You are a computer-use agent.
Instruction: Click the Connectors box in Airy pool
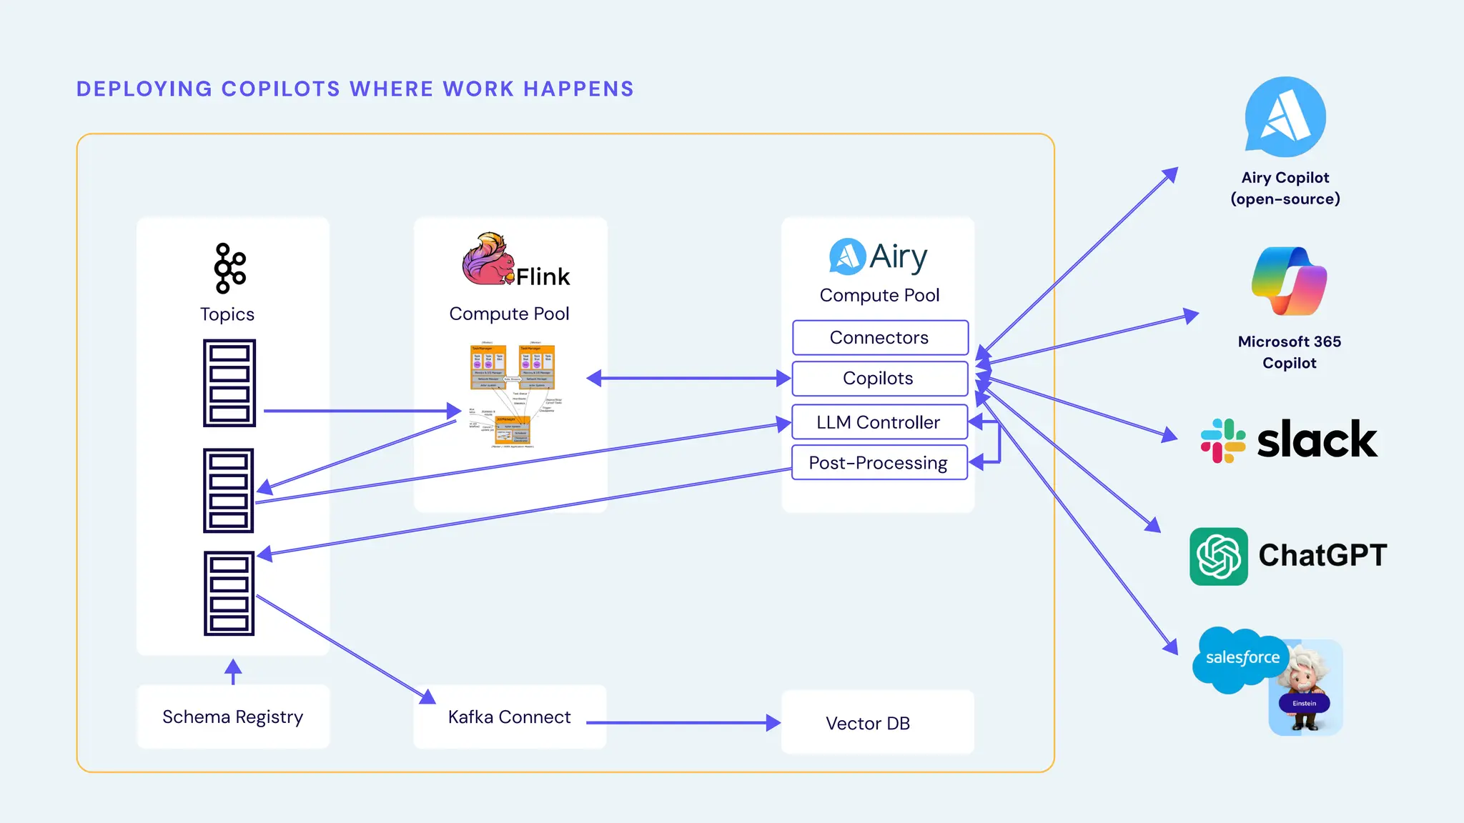point(880,338)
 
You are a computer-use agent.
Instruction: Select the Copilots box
point(880,379)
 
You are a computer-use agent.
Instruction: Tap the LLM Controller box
point(879,422)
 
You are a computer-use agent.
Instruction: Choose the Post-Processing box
point(879,463)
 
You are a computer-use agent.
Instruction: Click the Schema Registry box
point(233,717)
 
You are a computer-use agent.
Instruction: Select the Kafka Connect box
point(510,717)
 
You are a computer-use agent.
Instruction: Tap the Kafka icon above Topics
point(229,268)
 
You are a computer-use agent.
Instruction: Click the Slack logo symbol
point(1222,441)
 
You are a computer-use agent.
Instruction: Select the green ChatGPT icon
point(1218,557)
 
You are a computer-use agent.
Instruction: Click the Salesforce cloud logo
point(1241,659)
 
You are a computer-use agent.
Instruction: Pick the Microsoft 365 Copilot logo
point(1289,281)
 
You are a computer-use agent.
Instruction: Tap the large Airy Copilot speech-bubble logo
point(1285,117)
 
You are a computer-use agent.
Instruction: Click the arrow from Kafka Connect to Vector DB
point(683,722)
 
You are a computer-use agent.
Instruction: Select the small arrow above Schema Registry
point(233,671)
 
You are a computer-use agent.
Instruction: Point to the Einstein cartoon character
point(1306,689)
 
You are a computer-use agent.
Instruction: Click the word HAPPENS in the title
point(578,89)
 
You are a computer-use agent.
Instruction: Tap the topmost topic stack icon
point(229,383)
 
